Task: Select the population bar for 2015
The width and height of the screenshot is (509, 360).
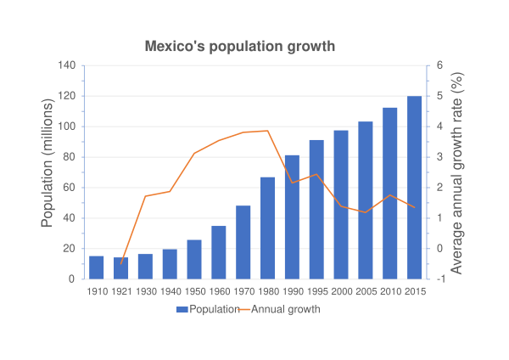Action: (415, 188)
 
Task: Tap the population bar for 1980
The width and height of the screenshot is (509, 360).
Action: (268, 228)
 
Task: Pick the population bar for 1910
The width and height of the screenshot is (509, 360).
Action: (97, 267)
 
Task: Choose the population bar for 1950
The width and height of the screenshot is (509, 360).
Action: (194, 259)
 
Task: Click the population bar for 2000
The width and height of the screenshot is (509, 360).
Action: (341, 205)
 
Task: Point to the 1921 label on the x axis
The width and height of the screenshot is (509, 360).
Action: (121, 291)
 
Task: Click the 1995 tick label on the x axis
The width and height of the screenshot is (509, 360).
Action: (316, 291)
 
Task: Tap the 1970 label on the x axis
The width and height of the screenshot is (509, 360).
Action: (243, 291)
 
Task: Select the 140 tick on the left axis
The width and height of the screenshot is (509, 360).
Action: (67, 65)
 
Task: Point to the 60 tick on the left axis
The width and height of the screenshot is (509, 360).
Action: (70, 188)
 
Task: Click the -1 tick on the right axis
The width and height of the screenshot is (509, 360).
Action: (438, 279)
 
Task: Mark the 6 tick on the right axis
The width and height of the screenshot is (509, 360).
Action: (439, 65)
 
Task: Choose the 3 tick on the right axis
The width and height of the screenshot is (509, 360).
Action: (439, 157)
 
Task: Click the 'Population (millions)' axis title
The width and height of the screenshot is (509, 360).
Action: (48, 172)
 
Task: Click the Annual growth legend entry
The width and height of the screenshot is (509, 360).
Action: (284, 310)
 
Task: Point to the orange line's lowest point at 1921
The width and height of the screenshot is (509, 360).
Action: (121, 264)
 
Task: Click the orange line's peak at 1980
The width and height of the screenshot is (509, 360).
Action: (268, 131)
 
